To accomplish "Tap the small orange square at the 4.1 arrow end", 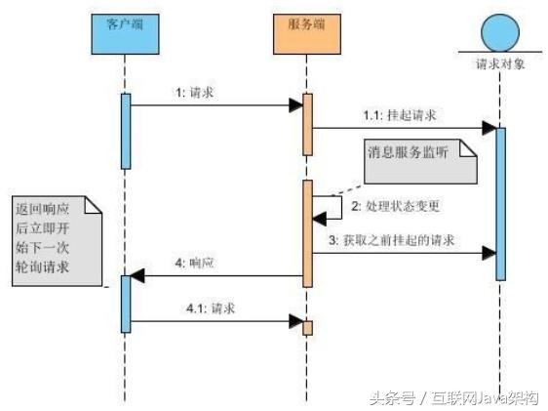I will coord(307,328).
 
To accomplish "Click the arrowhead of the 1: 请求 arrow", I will coord(294,105).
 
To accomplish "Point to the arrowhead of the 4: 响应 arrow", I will coord(138,276).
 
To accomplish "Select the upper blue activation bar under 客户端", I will coord(125,131).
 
